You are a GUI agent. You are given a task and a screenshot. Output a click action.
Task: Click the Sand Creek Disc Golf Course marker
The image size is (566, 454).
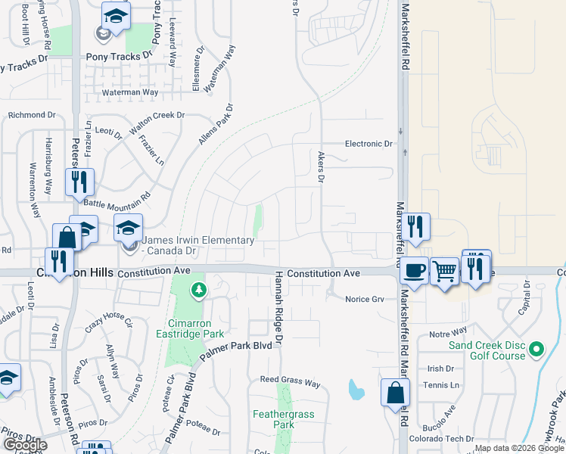point(536,349)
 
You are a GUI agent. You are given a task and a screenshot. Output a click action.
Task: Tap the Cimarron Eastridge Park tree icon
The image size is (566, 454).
point(198,289)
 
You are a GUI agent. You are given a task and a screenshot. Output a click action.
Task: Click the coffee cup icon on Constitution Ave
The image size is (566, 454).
point(413,269)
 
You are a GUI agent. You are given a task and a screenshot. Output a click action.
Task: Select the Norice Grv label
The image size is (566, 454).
point(365,299)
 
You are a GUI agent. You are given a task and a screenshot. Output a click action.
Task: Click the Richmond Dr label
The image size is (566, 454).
point(32,115)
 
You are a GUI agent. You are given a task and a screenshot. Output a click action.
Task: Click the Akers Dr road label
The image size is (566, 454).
point(320,166)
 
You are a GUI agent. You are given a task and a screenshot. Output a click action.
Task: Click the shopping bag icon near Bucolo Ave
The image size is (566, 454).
point(395,393)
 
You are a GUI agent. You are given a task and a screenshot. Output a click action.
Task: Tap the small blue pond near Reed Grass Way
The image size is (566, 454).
point(354,390)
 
